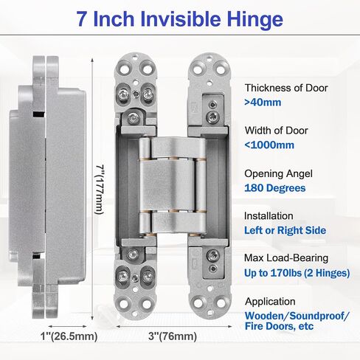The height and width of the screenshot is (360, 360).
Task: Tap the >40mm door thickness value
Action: pyautogui.click(x=263, y=103)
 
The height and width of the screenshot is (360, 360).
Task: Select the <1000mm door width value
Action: pyautogui.click(x=269, y=145)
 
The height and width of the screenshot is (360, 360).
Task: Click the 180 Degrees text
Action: pyautogui.click(x=275, y=188)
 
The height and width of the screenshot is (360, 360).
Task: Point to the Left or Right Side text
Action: pyautogui.click(x=285, y=230)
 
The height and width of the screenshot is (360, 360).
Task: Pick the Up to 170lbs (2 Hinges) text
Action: pyautogui.click(x=297, y=273)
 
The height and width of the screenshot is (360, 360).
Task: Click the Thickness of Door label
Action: pyautogui.click(x=286, y=88)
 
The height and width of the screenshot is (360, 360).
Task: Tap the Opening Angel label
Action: pyautogui.click(x=278, y=174)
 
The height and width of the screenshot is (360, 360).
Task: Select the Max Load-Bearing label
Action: pyautogui.click(x=286, y=258)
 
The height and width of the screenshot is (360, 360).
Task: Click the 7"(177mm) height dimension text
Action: pyautogui.click(x=100, y=190)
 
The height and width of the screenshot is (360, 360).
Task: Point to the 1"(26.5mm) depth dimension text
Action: pyautogui.click(x=69, y=336)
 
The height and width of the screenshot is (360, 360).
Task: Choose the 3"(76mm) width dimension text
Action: pyautogui.click(x=173, y=336)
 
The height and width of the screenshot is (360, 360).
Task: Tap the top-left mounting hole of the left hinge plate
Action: pyautogui.click(x=125, y=69)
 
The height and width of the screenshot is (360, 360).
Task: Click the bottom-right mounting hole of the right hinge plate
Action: pyautogui.click(x=221, y=303)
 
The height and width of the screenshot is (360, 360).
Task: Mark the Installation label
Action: pyautogui.click(x=269, y=216)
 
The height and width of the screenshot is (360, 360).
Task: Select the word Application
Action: pyautogui.click(x=270, y=302)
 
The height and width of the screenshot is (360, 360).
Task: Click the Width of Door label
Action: pyautogui.click(x=277, y=131)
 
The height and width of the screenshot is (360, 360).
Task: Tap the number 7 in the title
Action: pyautogui.click(x=83, y=19)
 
